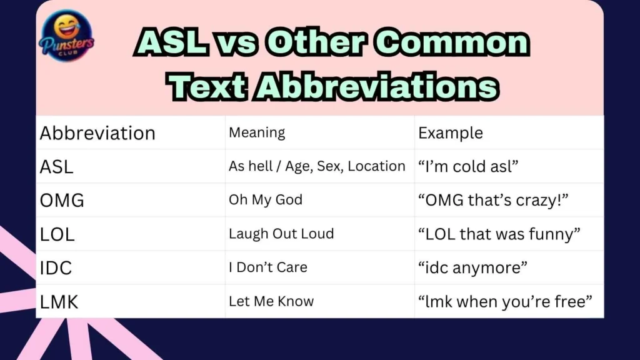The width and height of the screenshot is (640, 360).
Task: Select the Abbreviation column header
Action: coord(97,133)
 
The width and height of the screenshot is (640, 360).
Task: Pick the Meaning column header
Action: coord(257,132)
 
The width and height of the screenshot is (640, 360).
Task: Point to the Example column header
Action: coord(450,133)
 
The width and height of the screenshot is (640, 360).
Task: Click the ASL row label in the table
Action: coord(56,167)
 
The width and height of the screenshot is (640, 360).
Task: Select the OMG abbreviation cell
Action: coord(61,201)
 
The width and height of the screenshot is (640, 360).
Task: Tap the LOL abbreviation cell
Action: coord(57,234)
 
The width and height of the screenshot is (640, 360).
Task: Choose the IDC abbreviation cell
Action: coord(56,268)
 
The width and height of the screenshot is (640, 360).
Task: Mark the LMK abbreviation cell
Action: coord(59,302)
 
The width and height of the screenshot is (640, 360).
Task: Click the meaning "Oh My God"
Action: coord(266,200)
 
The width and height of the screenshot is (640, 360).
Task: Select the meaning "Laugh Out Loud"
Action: coord(281,234)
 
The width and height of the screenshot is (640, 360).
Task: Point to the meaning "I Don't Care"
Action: coord(268,267)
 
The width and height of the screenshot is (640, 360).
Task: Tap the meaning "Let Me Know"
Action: coord(271,301)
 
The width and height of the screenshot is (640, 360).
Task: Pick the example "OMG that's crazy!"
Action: coord(496,201)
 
